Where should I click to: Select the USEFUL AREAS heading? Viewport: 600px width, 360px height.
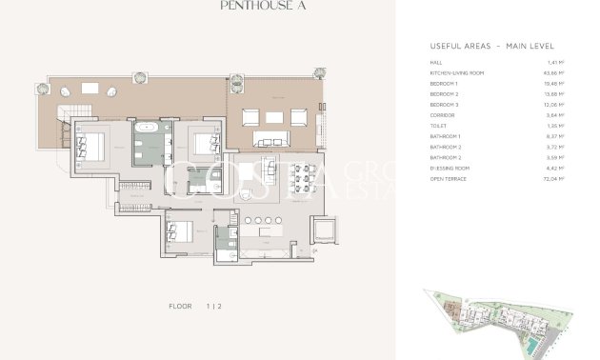[491, 46]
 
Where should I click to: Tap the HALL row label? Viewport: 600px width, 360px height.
[436, 64]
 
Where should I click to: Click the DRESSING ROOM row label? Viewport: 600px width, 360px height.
[450, 168]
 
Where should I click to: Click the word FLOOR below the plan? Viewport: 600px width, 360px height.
[180, 306]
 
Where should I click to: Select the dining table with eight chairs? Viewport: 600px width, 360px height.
[310, 177]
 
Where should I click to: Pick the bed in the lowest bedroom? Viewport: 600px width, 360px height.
[177, 230]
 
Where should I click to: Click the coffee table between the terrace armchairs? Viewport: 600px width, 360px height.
[275, 118]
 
